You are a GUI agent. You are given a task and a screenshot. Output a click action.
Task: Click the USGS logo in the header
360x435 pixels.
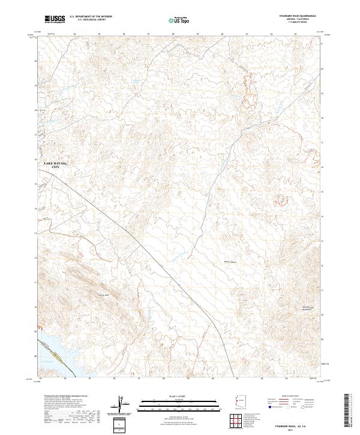point(55,19)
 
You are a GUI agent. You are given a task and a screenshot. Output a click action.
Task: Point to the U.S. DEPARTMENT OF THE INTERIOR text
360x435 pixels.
point(91,17)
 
